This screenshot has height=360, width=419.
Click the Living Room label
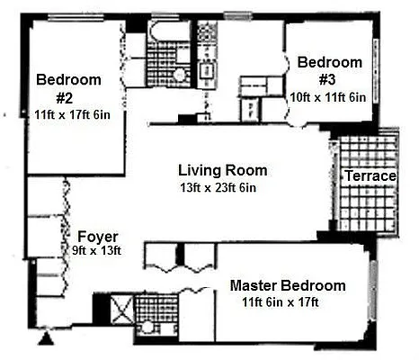222,170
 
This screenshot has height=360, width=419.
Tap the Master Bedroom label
287,284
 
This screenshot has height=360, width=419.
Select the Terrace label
370,176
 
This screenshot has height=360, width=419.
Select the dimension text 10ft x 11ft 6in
329,96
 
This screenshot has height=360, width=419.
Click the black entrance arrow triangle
44,340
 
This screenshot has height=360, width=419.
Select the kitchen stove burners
207,35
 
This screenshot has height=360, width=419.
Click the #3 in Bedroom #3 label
330,79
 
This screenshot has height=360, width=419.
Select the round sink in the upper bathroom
180,74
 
